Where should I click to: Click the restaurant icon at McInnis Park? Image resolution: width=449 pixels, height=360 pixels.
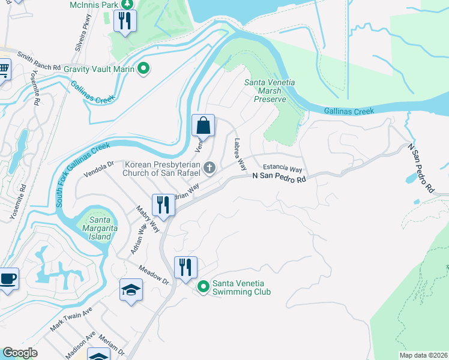(x=125, y=22)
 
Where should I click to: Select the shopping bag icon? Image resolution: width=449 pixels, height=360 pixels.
(x=203, y=125)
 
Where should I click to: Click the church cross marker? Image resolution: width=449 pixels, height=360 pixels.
(x=209, y=168)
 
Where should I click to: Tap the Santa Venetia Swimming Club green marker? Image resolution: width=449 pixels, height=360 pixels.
(x=203, y=288)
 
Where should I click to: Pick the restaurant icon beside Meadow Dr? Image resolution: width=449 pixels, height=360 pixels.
(x=185, y=267)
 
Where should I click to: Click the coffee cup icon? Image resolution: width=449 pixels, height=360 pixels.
(x=7, y=279)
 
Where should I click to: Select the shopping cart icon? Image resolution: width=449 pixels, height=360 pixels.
(x=4, y=71)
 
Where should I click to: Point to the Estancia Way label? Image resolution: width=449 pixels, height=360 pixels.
(x=282, y=170)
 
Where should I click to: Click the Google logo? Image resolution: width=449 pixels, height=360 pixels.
(x=20, y=353)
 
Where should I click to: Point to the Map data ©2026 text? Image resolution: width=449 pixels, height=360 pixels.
(x=423, y=355)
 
